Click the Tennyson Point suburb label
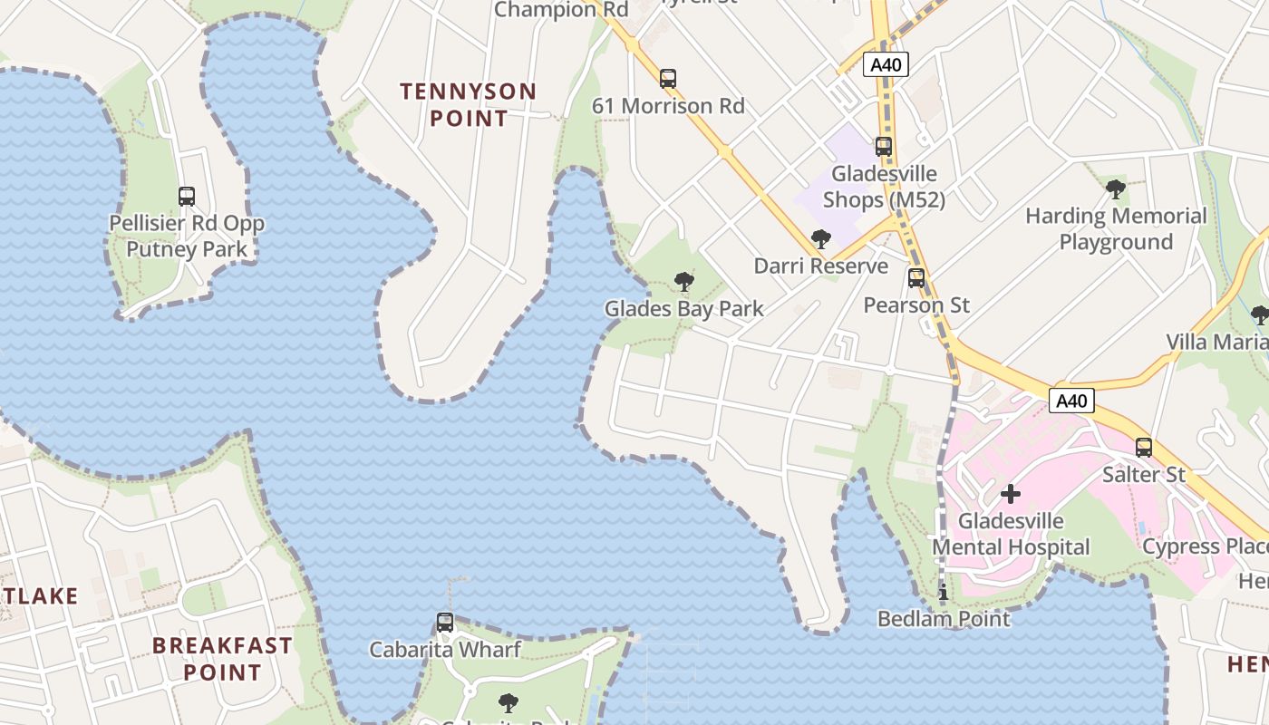point(469,104)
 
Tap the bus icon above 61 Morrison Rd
point(668,79)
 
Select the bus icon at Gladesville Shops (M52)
point(883,146)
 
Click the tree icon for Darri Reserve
point(821,239)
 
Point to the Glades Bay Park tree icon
point(684,282)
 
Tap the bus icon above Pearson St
point(916,278)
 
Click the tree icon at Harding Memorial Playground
point(1116,189)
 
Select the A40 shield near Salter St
point(1072,401)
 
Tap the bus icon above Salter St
point(1144,447)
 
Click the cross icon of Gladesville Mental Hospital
point(1010,494)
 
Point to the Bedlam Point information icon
point(944,593)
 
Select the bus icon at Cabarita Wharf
point(445,623)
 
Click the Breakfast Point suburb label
point(222,659)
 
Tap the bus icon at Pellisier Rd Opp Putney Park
point(187,196)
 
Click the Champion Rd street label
point(562,10)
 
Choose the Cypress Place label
point(1205,546)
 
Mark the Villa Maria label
point(1216,342)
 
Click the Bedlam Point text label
point(944,619)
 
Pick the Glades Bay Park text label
point(684,309)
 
